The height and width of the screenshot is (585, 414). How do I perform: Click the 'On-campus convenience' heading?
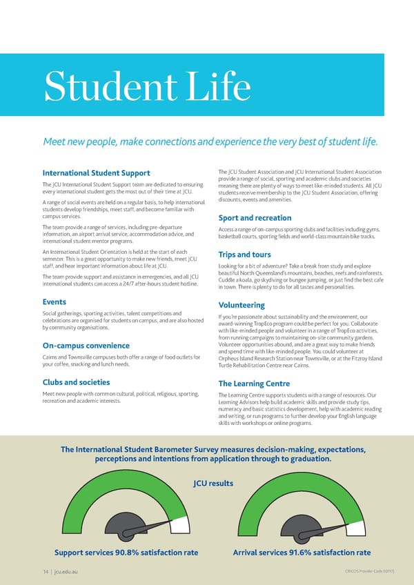coord(86,346)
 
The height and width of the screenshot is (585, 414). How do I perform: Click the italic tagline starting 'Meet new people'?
coord(210,143)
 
